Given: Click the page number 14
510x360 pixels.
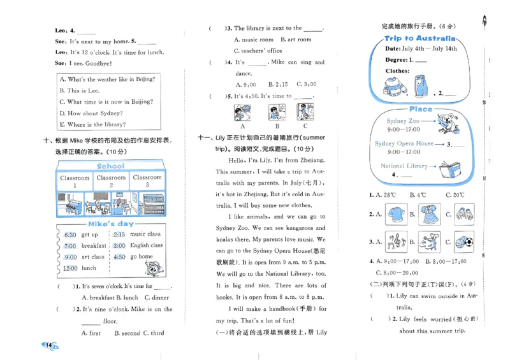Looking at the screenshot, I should pos(48,345).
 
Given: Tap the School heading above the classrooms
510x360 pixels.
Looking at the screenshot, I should pos(111,166).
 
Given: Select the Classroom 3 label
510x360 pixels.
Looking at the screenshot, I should pos(147,181).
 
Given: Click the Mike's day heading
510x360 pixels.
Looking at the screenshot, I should pos(111,224).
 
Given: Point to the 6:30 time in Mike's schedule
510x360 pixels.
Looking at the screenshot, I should pos(70,234).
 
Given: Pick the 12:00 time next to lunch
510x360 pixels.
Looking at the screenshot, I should pos(69,268).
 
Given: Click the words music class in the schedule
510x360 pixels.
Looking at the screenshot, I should pos(146,234).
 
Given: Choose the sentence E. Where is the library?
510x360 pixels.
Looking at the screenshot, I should pos(92,125).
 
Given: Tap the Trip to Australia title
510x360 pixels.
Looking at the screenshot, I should pos(420,38).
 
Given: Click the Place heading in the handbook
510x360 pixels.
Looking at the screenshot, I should pos(421,109).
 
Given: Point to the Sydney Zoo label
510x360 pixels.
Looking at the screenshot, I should pos(403,120).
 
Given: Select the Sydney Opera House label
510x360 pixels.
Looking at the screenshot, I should pos(404,144).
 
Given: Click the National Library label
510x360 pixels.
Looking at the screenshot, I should pos(404,166).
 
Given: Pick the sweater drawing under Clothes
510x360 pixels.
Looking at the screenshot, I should pos(393,86).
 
